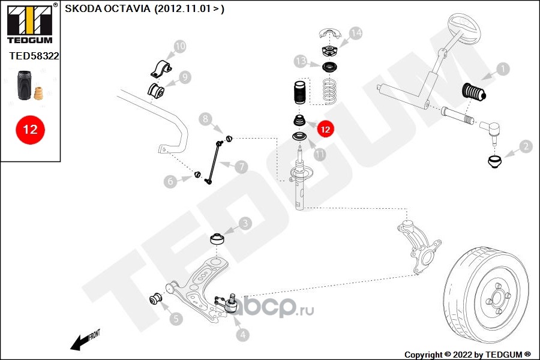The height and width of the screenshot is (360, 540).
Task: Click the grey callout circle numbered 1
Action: [x=502, y=69]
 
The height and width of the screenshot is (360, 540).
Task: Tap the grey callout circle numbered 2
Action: [x=525, y=145]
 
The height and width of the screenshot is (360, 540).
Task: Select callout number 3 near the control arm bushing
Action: [x=245, y=224]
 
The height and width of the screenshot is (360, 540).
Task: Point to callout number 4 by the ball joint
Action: [x=242, y=335]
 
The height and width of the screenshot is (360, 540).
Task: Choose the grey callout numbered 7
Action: [x=241, y=167]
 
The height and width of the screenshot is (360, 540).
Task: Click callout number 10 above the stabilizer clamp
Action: [x=180, y=46]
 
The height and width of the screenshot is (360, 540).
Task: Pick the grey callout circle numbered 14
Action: [x=356, y=33]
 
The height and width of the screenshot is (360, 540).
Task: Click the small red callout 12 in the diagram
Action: [x=325, y=128]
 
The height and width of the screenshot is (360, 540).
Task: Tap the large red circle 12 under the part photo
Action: [x=30, y=130]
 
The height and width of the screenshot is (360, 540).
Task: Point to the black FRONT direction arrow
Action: [x=81, y=342]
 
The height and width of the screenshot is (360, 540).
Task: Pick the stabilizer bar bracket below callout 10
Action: [x=160, y=69]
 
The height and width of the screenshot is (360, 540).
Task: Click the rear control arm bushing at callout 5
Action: [x=157, y=298]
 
